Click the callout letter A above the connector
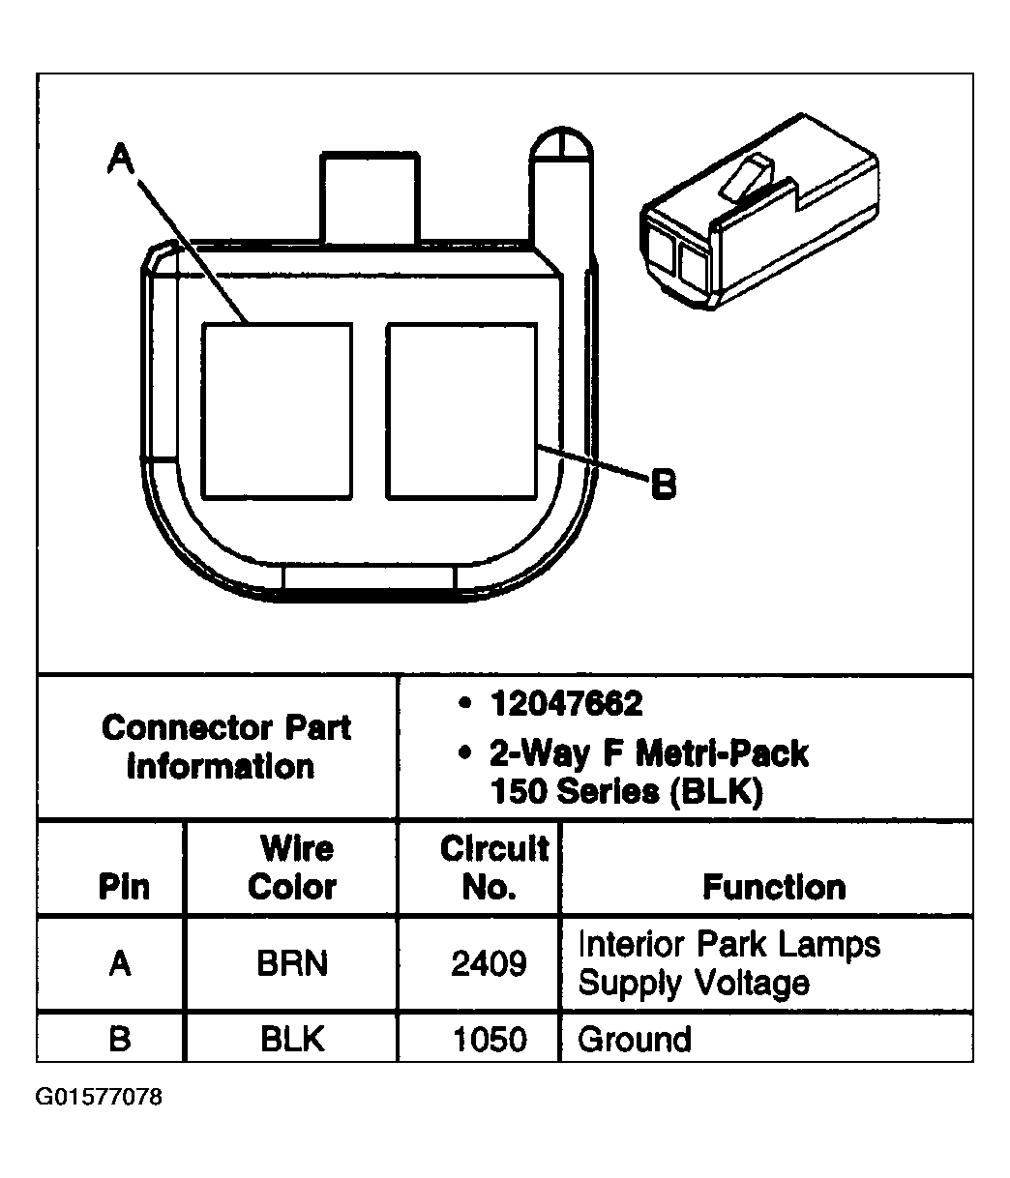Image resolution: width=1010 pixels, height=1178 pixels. (119, 158)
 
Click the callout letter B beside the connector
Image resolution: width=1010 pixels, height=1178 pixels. (663, 483)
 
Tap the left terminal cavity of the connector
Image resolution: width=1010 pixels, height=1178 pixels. (277, 411)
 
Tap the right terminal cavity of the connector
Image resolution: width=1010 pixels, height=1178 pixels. (460, 411)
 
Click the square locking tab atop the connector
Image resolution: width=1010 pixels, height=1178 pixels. (370, 197)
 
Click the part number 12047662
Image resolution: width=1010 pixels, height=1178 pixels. (566, 704)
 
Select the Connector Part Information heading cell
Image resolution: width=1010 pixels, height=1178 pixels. (225, 747)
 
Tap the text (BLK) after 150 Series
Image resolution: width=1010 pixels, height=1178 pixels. (714, 792)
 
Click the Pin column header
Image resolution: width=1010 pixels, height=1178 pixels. (124, 887)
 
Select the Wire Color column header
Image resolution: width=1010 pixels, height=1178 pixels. (292, 868)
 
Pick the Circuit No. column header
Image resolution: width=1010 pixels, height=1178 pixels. (493, 868)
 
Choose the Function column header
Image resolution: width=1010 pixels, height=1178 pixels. (774, 887)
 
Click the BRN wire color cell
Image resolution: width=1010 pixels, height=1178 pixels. (292, 963)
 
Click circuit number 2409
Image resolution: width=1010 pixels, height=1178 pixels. (490, 963)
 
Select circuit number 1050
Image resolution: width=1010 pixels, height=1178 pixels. (490, 1039)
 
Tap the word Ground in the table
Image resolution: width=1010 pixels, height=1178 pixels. (635, 1039)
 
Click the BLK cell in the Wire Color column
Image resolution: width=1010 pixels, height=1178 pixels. (292, 1039)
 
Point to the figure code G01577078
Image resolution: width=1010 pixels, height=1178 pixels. (100, 1098)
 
